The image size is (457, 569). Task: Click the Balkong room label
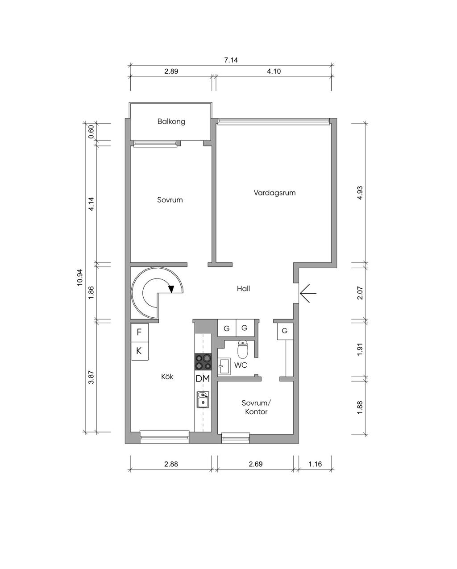tap(171, 121)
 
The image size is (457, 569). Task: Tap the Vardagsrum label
tap(274, 192)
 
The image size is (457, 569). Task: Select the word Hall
tap(243, 288)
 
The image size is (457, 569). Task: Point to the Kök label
tap(167, 377)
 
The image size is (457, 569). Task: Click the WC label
tap(241, 365)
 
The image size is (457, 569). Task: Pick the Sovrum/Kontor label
tap(256, 407)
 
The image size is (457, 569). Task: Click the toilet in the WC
tap(242, 349)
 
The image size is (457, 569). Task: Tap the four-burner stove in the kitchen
tap(203, 362)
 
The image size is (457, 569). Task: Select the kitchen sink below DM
tap(203, 399)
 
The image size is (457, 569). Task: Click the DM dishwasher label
tap(203, 378)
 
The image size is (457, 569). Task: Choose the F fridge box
tap(139, 332)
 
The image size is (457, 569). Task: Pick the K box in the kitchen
tap(139, 351)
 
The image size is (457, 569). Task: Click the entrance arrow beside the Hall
tap(308, 293)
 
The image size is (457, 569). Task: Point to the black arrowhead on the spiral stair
tap(171, 289)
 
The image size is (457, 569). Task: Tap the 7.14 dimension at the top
tap(231, 60)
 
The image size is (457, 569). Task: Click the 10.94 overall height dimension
tap(79, 278)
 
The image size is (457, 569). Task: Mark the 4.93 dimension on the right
tap(360, 193)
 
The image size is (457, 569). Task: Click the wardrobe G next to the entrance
tap(285, 331)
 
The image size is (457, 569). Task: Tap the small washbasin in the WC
tap(224, 366)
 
